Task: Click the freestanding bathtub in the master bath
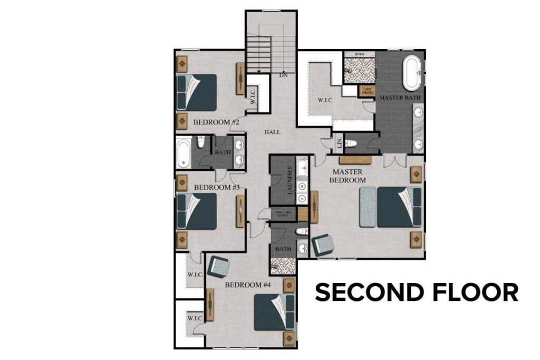412,74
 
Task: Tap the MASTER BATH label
400,98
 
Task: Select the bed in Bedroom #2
196,92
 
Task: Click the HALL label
273,132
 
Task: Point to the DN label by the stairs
283,75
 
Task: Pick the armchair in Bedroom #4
218,267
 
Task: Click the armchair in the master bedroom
323,245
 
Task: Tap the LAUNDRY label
290,180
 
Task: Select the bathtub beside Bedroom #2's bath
184,152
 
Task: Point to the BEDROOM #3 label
217,187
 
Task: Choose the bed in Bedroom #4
274,312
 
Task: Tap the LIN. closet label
339,142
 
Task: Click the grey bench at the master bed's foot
368,207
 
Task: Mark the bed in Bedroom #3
196,211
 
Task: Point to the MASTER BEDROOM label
348,176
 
